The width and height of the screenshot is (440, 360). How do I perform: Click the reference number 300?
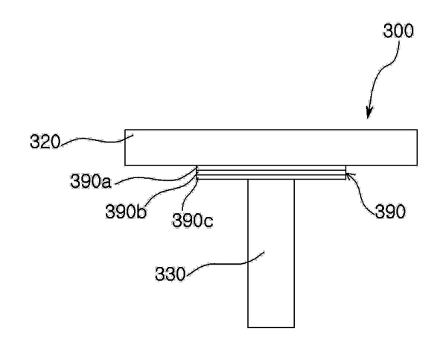(398, 31)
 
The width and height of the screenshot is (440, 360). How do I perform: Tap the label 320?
(45, 142)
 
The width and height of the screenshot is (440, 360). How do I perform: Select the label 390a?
(91, 181)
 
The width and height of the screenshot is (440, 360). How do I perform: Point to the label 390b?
(126, 212)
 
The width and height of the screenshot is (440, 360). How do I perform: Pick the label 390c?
(193, 220)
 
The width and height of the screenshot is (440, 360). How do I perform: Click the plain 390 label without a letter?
(390, 212)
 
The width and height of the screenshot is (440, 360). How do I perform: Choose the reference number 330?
(170, 274)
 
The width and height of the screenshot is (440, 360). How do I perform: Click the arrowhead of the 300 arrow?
(369, 113)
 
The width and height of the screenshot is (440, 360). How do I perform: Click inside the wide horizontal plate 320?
(271, 148)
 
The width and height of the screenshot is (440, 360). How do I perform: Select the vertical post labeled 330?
(271, 253)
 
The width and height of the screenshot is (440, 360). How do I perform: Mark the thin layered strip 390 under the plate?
(271, 172)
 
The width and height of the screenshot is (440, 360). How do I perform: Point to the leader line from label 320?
(97, 139)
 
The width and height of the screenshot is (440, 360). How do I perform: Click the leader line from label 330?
(225, 264)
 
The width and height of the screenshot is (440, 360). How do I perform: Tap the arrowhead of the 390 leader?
(348, 175)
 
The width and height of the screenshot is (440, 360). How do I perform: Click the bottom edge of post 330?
(271, 327)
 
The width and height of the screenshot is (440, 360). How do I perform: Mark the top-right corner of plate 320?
(417, 130)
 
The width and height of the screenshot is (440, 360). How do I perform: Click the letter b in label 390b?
(141, 212)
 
